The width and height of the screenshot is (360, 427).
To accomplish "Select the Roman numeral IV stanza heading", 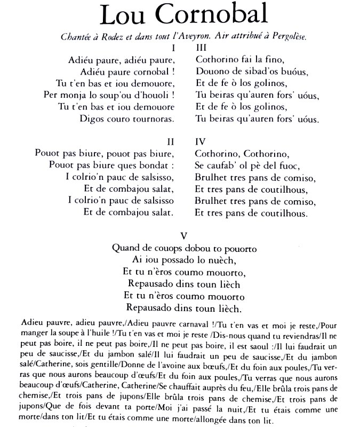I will pyautogui.click(x=201, y=142).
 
